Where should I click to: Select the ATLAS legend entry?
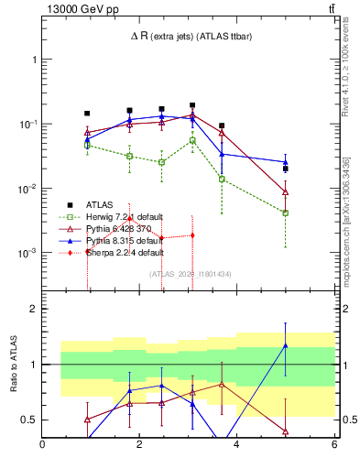click(x=100, y=204)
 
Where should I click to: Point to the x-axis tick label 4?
click(x=236, y=445)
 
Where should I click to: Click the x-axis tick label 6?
click(x=334, y=445)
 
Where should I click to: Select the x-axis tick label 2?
click(x=139, y=445)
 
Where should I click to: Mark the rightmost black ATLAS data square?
click(x=286, y=169)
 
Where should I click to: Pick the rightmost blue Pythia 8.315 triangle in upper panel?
click(x=286, y=162)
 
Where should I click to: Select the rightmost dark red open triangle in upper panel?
click(x=286, y=192)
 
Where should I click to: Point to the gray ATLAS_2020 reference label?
click(x=190, y=274)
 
